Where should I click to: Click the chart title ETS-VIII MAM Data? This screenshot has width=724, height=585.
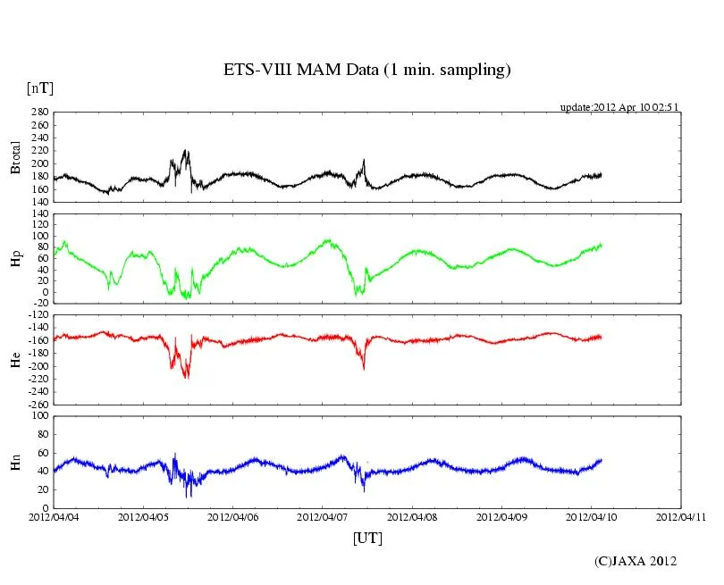(366, 70)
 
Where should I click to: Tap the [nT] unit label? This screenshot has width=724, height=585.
(40, 88)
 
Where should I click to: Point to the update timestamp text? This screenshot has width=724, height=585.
(619, 107)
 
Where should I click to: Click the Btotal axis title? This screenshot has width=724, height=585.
(15, 157)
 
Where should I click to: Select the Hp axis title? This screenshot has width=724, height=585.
(15, 259)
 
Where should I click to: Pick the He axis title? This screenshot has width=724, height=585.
(15, 360)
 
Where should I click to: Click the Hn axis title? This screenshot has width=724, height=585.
(15, 462)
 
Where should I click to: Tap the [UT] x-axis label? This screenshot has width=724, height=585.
(368, 538)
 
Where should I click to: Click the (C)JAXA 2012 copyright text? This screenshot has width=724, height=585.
(636, 561)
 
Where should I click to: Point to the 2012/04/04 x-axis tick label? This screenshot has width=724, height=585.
(54, 517)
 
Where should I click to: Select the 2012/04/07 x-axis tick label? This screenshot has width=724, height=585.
(323, 517)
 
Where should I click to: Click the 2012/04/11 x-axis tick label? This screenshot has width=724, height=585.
(681, 517)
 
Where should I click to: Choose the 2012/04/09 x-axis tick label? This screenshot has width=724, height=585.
(501, 517)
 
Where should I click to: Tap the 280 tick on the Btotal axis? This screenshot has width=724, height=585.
(38, 113)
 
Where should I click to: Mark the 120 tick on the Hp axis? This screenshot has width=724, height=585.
(38, 214)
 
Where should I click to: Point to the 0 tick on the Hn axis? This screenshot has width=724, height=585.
(45, 507)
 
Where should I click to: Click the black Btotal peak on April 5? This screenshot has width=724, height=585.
(186, 151)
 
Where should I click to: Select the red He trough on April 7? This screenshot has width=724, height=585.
(364, 368)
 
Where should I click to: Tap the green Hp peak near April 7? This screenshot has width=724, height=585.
(328, 239)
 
